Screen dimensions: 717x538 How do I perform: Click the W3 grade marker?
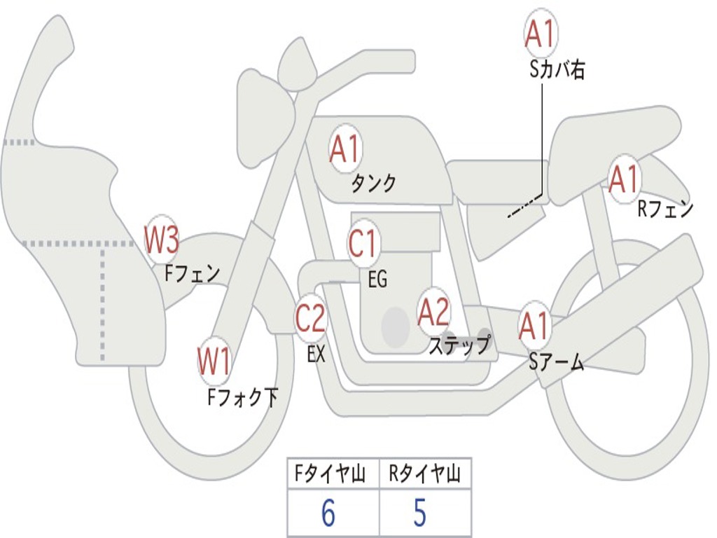point(162,240)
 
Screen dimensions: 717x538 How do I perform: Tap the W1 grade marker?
point(214,361)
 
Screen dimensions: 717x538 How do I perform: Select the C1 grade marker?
point(362,243)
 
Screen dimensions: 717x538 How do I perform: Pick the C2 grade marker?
point(310,317)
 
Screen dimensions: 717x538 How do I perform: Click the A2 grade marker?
point(433,312)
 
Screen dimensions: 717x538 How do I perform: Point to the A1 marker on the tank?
point(345,149)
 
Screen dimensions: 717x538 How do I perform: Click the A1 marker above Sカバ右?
point(541,34)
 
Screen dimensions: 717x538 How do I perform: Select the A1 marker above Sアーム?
point(534,326)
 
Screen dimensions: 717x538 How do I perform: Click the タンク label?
point(373,184)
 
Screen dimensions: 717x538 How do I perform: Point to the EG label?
point(377,279)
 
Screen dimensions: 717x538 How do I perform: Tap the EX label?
point(316,354)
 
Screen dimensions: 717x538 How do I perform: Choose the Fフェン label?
point(192,274)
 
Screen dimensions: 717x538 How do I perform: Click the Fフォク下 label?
point(243,396)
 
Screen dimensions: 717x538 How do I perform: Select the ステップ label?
point(459,345)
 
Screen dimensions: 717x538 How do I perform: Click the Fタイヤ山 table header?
point(330,474)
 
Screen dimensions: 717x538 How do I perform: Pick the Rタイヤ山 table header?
point(424,474)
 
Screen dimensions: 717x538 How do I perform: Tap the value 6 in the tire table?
point(328,512)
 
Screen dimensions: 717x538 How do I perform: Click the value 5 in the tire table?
point(420,512)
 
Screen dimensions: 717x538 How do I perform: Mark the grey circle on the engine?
point(396,327)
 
